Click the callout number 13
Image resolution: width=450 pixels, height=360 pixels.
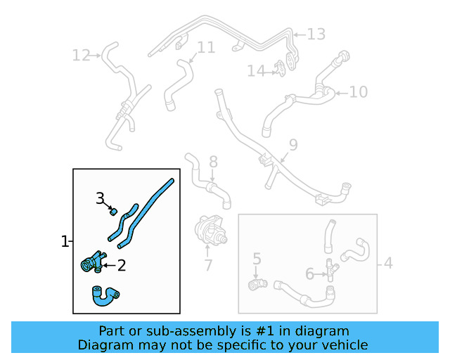click(316, 34)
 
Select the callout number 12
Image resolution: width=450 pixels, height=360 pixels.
click(82, 54)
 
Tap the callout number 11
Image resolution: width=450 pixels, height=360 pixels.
click(205, 48)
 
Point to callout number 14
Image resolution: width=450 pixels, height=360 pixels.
click(255, 70)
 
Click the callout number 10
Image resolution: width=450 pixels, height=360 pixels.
click(358, 91)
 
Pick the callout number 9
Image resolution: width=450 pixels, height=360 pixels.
click(293, 145)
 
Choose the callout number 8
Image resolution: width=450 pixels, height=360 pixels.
click(213, 162)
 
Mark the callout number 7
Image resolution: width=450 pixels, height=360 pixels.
click(208, 265)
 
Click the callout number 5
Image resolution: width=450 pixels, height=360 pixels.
click(257, 259)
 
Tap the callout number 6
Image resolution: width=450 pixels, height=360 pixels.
click(310, 274)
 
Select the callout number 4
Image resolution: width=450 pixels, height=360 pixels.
click(387, 264)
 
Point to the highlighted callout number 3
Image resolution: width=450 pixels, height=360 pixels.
click(101, 198)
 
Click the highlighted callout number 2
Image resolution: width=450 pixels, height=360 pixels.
click(121, 265)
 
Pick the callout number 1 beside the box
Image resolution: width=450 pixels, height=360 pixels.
click(65, 241)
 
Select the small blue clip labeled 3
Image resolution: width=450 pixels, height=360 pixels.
click(112, 210)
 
